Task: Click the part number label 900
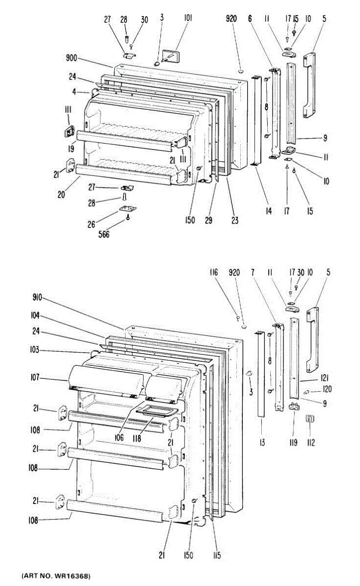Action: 71,59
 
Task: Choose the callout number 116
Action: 213,273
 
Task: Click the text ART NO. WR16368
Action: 56,577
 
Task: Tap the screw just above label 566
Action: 128,218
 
